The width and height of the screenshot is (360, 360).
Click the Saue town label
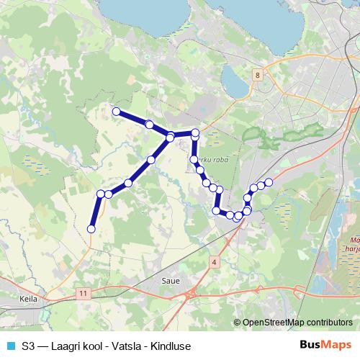[x=171, y=281]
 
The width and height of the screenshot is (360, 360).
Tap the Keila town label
[x=30, y=297]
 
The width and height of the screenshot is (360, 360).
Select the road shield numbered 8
[x=257, y=74]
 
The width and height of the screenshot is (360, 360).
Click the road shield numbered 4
[x=215, y=262]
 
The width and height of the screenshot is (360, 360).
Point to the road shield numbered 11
[x=85, y=293]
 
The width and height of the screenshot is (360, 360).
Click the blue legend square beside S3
[x=9, y=346]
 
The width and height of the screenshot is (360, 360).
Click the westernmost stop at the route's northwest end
[x=115, y=111]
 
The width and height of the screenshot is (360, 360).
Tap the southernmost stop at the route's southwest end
[x=91, y=229]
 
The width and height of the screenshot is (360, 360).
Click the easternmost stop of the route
[x=269, y=181]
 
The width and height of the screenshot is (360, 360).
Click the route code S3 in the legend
[x=28, y=346]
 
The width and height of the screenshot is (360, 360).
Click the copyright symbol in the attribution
[x=237, y=323]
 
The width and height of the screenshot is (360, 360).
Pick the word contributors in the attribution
[x=328, y=323]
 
